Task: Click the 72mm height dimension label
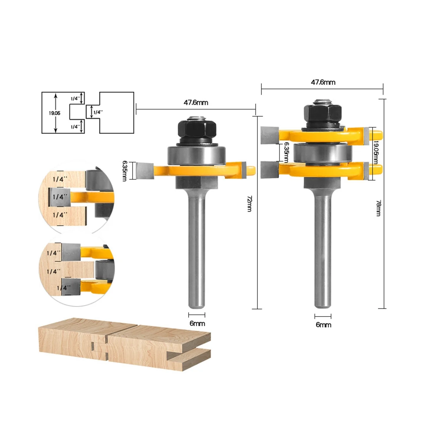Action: [x=250, y=204]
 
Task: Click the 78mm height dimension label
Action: [x=378, y=208]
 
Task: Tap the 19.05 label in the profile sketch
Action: [x=54, y=113]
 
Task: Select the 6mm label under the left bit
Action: [x=197, y=323]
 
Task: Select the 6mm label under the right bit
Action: [x=323, y=325]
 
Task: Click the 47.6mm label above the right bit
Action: [x=323, y=82]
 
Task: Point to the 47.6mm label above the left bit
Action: [x=196, y=103]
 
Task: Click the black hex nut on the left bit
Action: [x=197, y=129]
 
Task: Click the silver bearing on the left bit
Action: [x=197, y=155]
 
